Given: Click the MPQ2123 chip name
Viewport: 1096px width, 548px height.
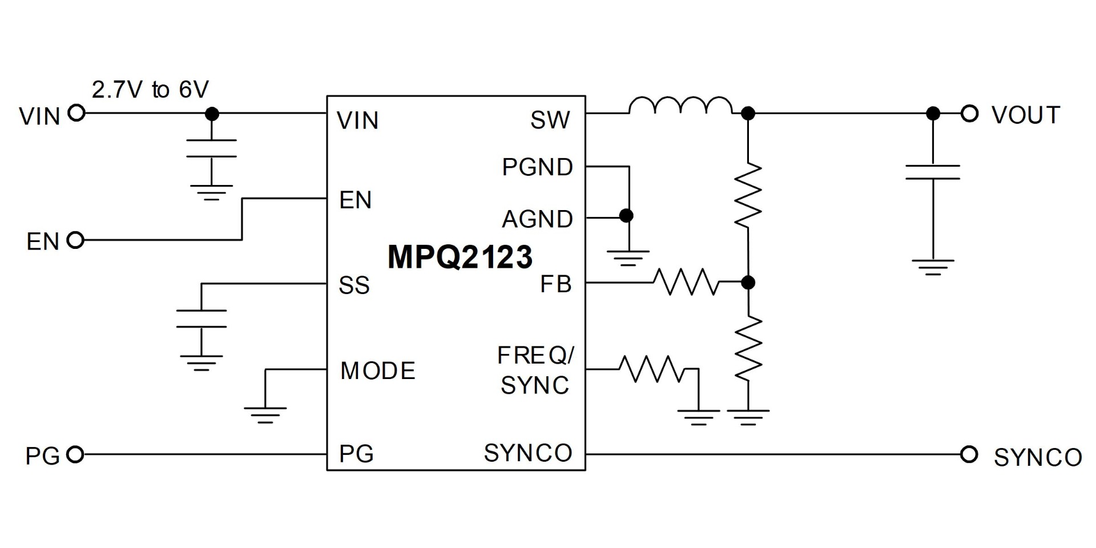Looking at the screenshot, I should [460, 257].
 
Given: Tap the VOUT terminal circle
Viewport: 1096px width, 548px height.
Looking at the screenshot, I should [969, 114].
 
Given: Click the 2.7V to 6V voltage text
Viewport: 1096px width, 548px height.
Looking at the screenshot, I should [150, 90].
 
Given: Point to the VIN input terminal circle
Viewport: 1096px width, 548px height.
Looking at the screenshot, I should [76, 113].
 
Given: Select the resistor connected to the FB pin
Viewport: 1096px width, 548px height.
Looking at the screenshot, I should [686, 282].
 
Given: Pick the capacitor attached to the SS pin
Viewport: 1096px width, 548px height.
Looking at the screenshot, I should [201, 319].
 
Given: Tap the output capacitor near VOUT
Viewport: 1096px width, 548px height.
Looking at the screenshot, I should [933, 172].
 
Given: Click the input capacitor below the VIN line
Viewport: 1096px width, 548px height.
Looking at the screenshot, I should [211, 148].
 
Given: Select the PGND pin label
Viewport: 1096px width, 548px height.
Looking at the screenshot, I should [537, 167].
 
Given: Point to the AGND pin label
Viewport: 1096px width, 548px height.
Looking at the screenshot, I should [537, 219].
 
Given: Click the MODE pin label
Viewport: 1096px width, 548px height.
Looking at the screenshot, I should [377, 371].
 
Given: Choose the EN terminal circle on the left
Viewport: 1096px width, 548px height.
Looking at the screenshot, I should [75, 240].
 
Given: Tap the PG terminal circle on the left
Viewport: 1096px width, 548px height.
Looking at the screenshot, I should [75, 454].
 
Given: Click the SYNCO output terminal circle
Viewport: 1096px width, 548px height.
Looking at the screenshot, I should [969, 454].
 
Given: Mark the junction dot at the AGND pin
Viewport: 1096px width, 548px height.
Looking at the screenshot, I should [626, 216].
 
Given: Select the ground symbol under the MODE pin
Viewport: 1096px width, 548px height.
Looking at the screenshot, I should [265, 414].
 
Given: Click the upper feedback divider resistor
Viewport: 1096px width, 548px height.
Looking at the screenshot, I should [748, 195].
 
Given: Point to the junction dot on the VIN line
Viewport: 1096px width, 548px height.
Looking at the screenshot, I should [212, 114].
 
